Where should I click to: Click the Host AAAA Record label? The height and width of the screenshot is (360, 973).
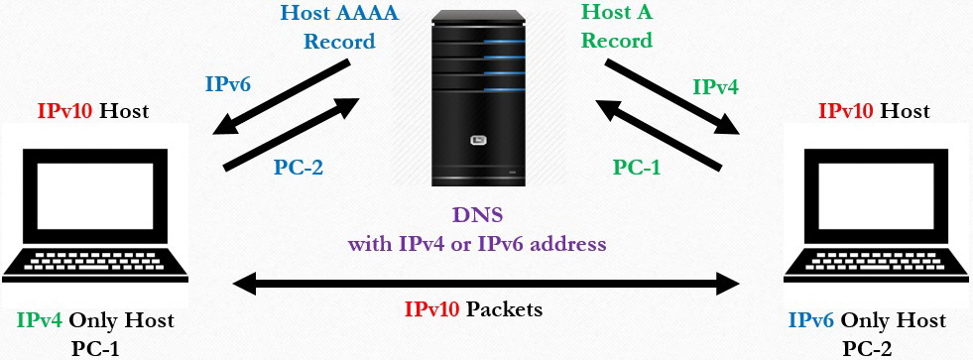(x=339, y=28)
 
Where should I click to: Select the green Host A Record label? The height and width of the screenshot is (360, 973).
(x=616, y=28)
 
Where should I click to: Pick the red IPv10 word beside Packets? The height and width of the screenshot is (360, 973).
(x=431, y=309)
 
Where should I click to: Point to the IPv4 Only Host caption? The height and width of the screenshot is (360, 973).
(x=95, y=320)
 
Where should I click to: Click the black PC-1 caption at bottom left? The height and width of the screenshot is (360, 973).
(x=95, y=346)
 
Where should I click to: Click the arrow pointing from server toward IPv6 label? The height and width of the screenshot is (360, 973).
(x=283, y=97)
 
